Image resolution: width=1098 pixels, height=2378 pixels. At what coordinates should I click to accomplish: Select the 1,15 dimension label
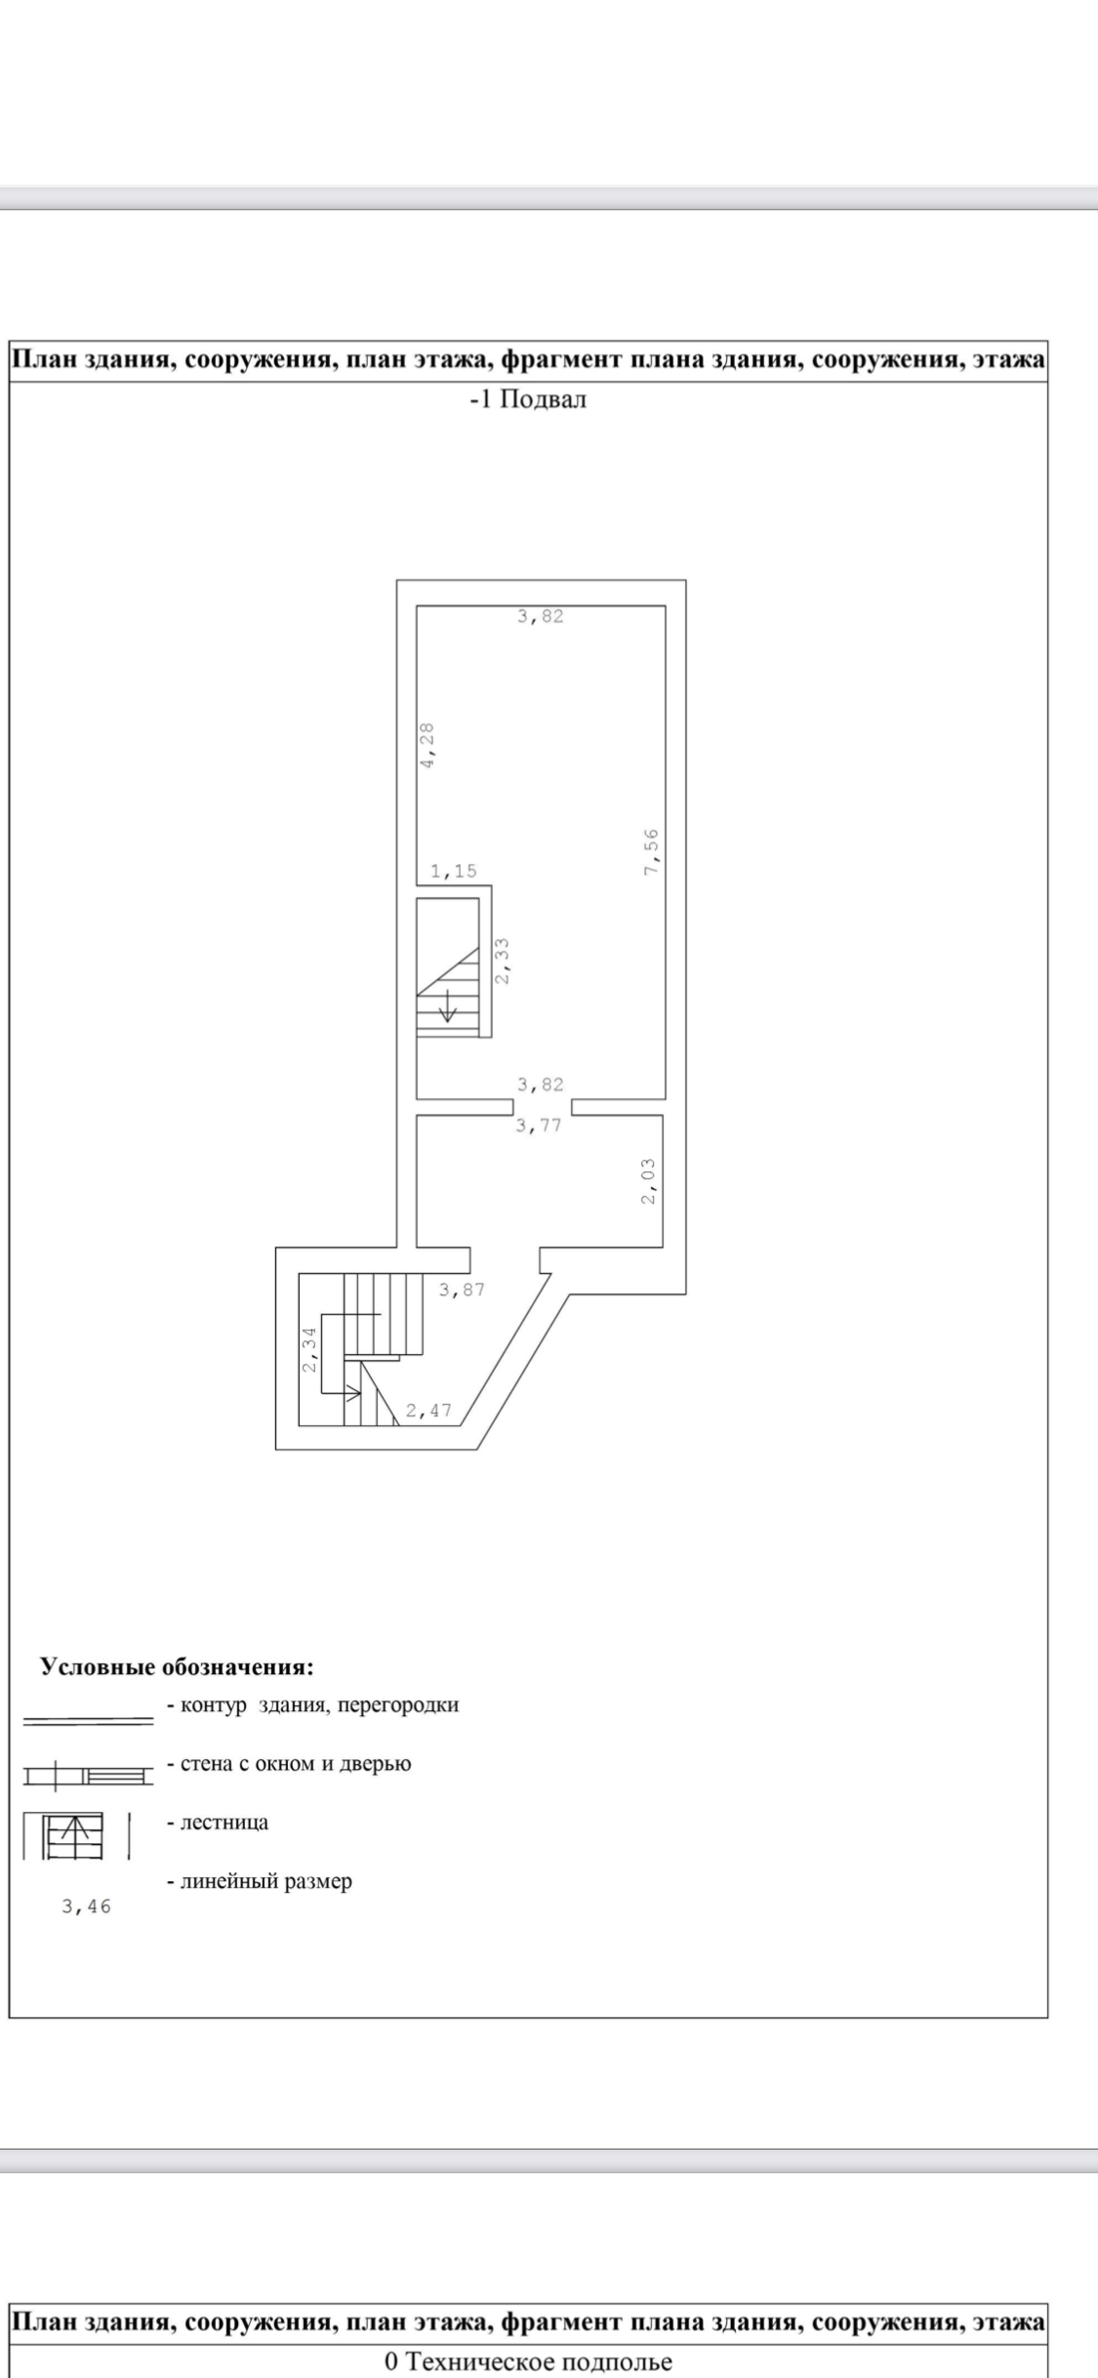(x=454, y=872)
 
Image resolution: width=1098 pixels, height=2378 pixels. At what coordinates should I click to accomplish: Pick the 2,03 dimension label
(x=649, y=1180)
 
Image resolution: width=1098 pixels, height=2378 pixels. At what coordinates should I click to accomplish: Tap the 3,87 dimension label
(x=462, y=1290)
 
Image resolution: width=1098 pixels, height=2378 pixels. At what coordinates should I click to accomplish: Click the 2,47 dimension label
(x=428, y=1410)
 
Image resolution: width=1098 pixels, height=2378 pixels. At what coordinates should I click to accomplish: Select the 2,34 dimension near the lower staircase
(x=309, y=1349)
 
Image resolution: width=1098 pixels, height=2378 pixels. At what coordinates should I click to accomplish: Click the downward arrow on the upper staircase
(x=448, y=1005)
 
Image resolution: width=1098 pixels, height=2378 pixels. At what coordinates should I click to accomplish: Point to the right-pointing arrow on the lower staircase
(x=351, y=1391)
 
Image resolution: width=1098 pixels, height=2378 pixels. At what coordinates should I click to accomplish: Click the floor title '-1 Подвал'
(x=528, y=399)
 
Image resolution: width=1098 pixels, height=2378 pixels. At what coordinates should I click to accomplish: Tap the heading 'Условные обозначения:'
(x=177, y=1666)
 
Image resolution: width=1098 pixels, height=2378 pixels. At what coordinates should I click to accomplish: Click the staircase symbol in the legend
(x=76, y=1835)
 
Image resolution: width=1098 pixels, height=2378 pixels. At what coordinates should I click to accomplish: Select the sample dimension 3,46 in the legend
(x=87, y=1905)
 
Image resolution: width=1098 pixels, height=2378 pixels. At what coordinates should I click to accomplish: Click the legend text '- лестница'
(x=218, y=1822)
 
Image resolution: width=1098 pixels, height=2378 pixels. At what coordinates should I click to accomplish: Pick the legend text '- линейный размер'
(x=260, y=1881)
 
